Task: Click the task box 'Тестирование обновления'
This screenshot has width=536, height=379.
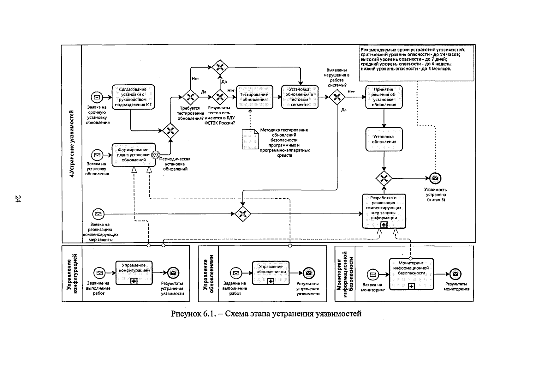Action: click(255, 97)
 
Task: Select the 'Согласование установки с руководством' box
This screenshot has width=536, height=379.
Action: click(133, 97)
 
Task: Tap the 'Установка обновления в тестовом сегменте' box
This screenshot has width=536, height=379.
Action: click(300, 97)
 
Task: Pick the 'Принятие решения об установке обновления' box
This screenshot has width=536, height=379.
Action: click(384, 97)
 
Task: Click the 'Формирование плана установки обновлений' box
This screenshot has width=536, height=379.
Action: click(134, 155)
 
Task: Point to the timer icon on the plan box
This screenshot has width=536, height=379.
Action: click(156, 155)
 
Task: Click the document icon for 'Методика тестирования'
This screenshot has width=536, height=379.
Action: click(250, 139)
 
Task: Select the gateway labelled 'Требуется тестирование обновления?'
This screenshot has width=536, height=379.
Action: click(190, 97)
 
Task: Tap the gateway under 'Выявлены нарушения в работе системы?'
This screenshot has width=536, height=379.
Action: click(337, 97)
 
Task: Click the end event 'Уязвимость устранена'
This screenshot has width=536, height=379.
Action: click(435, 178)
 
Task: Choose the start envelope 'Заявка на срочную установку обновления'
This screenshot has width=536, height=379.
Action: click(97, 97)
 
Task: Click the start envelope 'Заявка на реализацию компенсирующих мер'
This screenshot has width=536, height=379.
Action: click(98, 214)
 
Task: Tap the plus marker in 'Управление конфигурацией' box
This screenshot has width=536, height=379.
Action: click(134, 281)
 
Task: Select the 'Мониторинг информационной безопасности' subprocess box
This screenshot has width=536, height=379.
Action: click(412, 274)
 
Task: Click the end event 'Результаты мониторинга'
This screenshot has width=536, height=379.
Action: click(456, 274)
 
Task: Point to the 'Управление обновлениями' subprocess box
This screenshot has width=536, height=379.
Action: click(271, 273)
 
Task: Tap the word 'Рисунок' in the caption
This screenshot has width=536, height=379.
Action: click(186, 313)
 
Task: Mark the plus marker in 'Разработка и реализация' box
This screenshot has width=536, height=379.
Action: click(384, 225)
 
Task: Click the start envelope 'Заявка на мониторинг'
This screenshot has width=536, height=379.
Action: click(373, 274)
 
